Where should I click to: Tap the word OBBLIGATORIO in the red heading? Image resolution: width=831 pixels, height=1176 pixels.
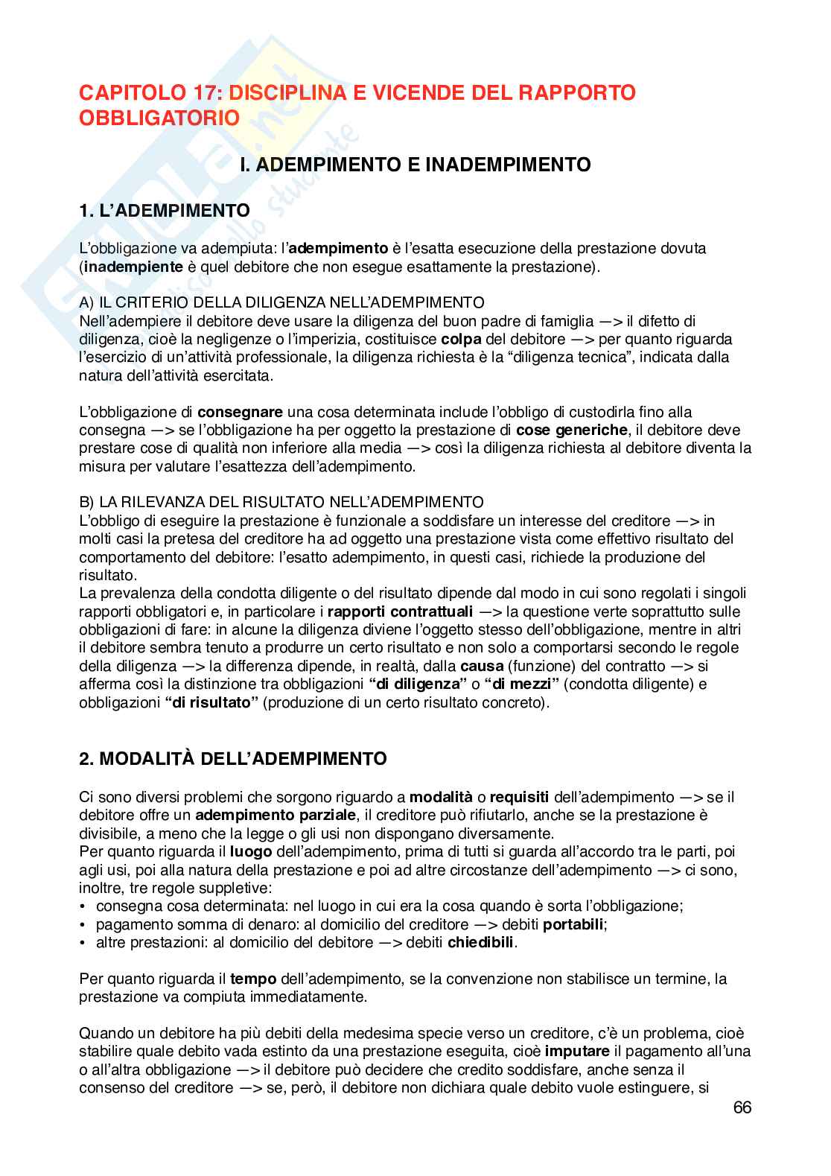pos(159,118)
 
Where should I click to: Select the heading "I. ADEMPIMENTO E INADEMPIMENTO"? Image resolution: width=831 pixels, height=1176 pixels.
pos(415,165)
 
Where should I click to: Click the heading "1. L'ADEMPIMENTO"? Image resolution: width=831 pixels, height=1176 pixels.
pos(164,211)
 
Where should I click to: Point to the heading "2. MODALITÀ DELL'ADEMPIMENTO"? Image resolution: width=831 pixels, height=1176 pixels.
pos(233,759)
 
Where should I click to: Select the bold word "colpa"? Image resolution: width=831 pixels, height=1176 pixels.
pos(456,339)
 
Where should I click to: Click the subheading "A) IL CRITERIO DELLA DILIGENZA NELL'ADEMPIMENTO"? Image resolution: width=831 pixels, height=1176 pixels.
pos(281,302)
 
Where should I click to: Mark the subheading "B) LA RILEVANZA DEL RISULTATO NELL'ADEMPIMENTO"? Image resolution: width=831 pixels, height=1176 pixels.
pos(281,502)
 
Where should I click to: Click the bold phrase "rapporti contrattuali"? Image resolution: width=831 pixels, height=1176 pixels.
pos(400,612)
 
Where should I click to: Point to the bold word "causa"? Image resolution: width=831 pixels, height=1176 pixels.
pos(482,667)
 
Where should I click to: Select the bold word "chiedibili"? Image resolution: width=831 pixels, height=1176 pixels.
pos(481,943)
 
